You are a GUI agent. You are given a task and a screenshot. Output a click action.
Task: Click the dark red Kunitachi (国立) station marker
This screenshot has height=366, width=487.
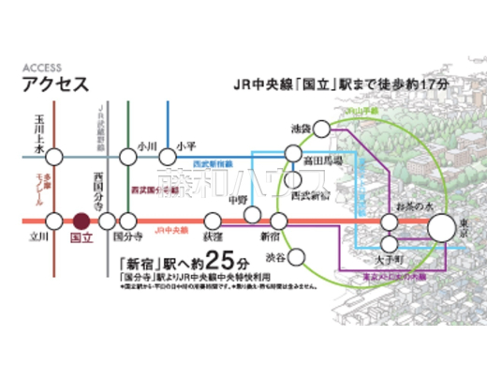tap(81, 221)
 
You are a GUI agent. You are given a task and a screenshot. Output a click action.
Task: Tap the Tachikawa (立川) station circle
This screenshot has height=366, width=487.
tap(38, 221)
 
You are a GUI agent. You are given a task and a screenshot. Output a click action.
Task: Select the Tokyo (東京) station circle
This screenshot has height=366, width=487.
tap(443, 226)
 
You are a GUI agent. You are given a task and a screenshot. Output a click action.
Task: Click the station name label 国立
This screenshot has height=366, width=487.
tap(82, 240)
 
